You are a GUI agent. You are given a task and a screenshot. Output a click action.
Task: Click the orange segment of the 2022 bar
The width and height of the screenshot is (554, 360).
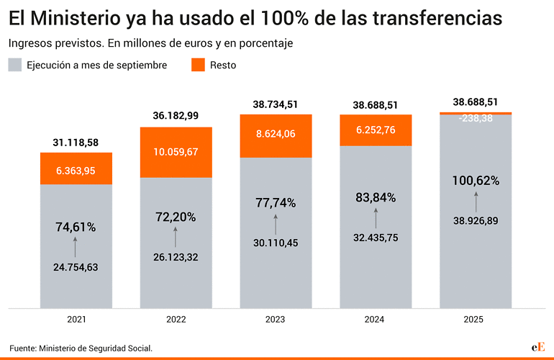tap(176, 137)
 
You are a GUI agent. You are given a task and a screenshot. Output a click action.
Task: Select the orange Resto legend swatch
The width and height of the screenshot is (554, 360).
tap(199, 65)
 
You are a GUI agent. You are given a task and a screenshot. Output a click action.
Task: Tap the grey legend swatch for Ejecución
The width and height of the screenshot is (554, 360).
tap(15, 65)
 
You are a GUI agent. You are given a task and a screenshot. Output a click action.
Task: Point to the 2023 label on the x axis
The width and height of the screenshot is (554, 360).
tap(276, 320)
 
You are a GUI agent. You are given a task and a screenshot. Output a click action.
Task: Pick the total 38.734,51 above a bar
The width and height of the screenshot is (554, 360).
tap(276, 105)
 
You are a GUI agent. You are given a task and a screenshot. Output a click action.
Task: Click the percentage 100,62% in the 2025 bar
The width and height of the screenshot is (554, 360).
tap(476, 181)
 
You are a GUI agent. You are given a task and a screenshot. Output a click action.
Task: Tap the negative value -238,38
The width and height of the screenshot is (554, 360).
tap(476, 119)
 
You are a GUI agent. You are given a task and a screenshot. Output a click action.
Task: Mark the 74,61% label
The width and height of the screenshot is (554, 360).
tap(76, 227)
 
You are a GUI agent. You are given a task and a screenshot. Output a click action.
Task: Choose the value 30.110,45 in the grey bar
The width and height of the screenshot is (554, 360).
tap(276, 243)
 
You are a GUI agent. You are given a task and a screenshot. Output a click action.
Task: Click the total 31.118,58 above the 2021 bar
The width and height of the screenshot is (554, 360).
tap(76, 143)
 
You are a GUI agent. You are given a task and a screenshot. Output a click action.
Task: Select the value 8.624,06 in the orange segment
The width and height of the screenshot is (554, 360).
tap(276, 134)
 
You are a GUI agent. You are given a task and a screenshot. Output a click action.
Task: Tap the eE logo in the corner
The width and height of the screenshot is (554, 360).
tap(537, 347)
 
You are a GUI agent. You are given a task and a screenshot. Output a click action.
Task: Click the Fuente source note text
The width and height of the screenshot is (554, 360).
tap(81, 348)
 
